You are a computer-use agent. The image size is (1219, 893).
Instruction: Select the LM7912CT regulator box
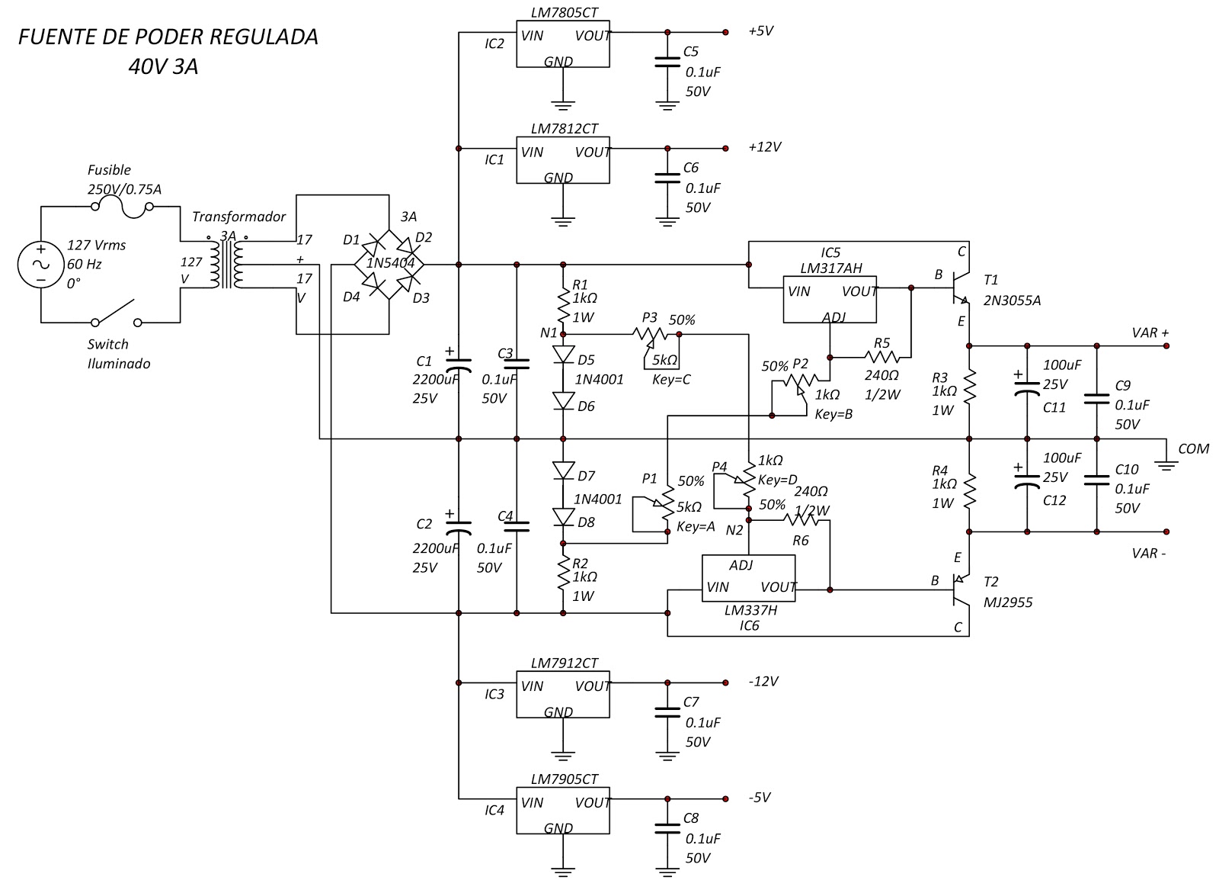pos(562,695)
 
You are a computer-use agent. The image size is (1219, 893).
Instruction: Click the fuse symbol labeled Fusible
pos(122,207)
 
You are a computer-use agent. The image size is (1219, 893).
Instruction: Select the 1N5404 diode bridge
pos(389,264)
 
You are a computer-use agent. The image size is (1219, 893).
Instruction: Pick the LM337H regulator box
pos(748,578)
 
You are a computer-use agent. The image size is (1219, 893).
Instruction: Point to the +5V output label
pos(760,31)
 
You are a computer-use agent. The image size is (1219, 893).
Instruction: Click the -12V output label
pos(762,681)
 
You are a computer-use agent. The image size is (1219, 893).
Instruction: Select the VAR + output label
pos(1150,333)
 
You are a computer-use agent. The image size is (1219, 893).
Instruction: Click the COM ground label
pos(1192,448)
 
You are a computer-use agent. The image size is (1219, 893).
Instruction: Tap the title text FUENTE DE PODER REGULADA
pos(168,37)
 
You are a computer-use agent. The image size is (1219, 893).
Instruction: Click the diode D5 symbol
pos(563,355)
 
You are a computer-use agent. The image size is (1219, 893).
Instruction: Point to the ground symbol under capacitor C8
pos(667,870)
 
